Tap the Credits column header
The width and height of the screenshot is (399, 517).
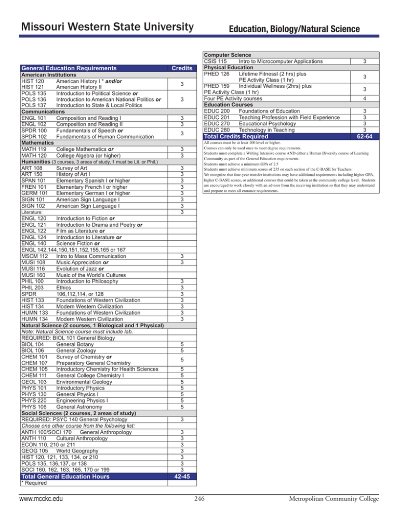181,68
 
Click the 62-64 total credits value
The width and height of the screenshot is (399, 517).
367,137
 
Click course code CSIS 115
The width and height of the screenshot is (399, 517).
219,61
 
